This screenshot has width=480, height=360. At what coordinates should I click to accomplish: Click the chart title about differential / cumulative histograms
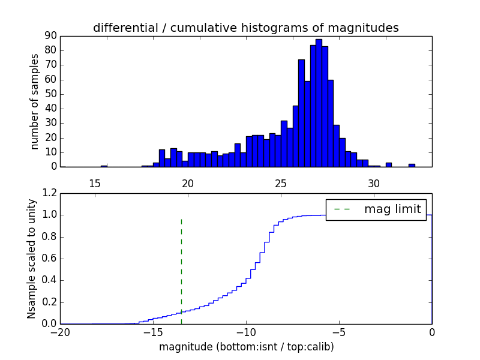(x=245, y=28)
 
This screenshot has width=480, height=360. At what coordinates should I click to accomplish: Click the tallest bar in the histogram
(x=319, y=102)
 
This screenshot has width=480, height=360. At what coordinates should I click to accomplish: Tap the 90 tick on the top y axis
(x=50, y=36)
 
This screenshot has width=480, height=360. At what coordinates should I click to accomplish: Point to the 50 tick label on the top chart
(x=50, y=94)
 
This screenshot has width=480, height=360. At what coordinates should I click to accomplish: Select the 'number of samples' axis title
(x=35, y=101)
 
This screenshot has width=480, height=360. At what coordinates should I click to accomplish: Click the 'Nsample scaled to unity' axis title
(x=32, y=259)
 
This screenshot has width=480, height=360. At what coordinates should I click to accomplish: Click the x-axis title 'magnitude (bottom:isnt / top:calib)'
(x=246, y=347)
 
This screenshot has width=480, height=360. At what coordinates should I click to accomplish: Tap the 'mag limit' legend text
(x=392, y=209)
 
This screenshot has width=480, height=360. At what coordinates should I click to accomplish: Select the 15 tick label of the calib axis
(x=94, y=183)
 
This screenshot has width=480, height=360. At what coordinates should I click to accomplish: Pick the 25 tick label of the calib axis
(x=281, y=183)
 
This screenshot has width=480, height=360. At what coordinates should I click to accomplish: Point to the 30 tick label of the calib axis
(x=374, y=183)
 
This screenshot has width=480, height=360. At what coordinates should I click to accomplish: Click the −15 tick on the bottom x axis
(x=153, y=332)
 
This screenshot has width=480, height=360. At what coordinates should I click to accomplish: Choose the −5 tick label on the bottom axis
(x=339, y=332)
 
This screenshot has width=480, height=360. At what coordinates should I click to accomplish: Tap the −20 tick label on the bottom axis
(x=60, y=332)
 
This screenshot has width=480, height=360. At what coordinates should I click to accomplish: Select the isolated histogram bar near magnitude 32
(x=412, y=165)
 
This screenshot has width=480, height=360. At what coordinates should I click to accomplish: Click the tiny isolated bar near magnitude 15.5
(x=104, y=166)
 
